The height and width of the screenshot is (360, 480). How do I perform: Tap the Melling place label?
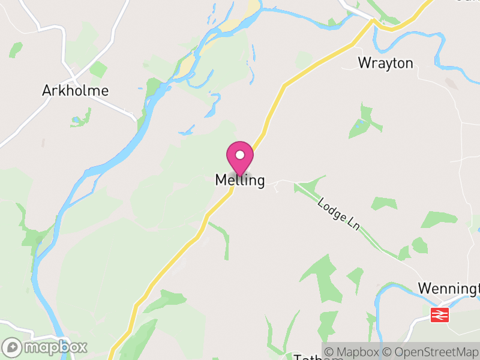tap(240, 180)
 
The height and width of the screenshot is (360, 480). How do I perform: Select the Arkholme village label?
tap(76, 91)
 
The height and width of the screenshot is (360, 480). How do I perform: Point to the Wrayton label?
tap(385, 63)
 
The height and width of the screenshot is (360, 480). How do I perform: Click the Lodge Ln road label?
tap(339, 214)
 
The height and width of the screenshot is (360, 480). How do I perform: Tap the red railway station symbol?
tap(440, 314)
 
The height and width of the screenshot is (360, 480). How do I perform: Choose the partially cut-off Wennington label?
tap(449, 289)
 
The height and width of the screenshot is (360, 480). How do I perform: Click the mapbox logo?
tap(46, 347)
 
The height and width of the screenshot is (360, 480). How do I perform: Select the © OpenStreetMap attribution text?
tap(431, 352)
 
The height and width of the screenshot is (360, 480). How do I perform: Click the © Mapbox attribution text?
tap(352, 352)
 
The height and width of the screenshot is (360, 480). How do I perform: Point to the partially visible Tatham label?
tap(318, 358)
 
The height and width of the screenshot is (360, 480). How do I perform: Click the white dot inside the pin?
tap(240, 155)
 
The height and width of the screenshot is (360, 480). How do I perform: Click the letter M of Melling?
tap(220, 180)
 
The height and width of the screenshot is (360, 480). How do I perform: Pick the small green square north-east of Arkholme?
tap(98, 70)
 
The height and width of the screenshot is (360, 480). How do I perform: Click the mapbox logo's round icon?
tap(12, 347)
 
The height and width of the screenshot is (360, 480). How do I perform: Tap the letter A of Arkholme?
tap(47, 91)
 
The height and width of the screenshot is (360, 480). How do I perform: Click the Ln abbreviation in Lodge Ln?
tap(353, 224)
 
